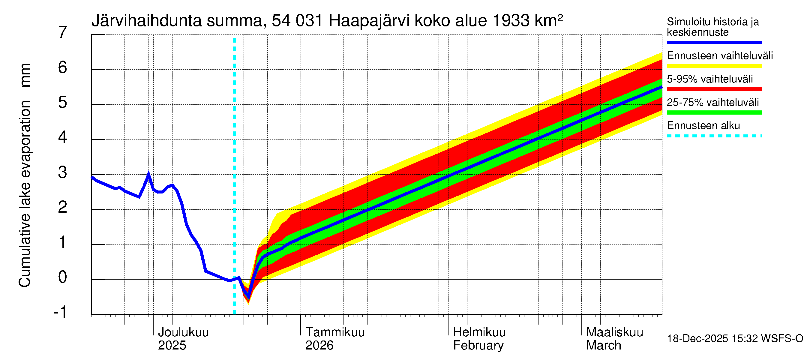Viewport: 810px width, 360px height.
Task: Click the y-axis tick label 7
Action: (x=63, y=32)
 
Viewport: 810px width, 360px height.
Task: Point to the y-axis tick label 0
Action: (x=63, y=277)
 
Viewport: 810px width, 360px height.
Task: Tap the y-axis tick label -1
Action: (x=60, y=312)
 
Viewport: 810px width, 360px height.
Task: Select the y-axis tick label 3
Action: (x=63, y=172)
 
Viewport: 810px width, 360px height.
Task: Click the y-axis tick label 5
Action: (x=63, y=103)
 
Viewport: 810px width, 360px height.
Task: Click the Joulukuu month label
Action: (x=183, y=332)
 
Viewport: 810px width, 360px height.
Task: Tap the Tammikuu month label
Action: (x=335, y=332)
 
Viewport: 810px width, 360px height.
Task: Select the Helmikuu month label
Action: (x=479, y=332)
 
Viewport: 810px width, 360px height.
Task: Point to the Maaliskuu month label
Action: (x=614, y=332)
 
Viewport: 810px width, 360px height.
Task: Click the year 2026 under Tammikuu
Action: (x=319, y=345)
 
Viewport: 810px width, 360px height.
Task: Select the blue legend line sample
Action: (x=714, y=42)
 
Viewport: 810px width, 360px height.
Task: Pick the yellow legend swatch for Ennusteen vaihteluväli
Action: (x=714, y=66)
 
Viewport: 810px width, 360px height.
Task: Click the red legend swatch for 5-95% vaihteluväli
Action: (x=714, y=89)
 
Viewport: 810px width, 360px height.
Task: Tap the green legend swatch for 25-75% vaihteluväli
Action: (x=714, y=112)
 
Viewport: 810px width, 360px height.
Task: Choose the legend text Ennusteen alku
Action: (x=703, y=126)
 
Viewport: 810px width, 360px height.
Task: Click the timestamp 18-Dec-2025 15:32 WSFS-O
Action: (x=735, y=339)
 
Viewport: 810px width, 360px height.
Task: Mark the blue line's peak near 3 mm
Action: (x=148, y=173)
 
